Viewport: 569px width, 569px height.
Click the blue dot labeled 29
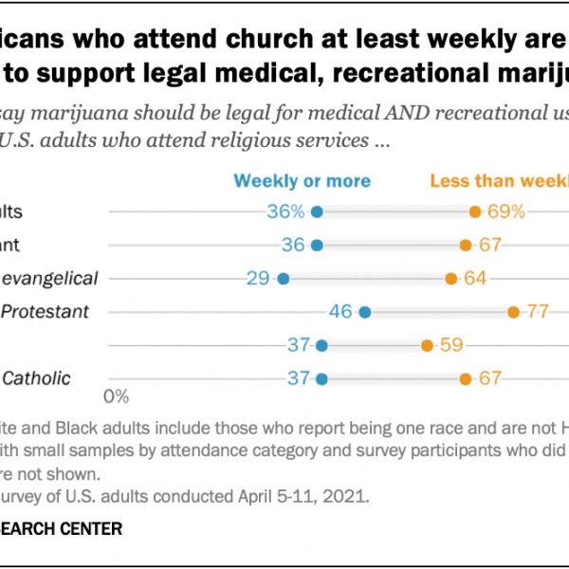[x=283, y=278]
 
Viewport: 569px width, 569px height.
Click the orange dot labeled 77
[x=513, y=311]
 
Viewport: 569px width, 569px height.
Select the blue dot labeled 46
[x=365, y=311]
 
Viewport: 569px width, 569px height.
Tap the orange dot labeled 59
[x=427, y=345]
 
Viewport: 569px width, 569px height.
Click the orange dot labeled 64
[x=451, y=278]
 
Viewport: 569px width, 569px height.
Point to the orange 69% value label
[x=506, y=211]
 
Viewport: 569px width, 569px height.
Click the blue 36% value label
[x=285, y=211]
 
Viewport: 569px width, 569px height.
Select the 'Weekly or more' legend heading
[x=303, y=180]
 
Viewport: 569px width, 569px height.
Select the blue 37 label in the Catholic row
[x=300, y=378]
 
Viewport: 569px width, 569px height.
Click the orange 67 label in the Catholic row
[x=489, y=378]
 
